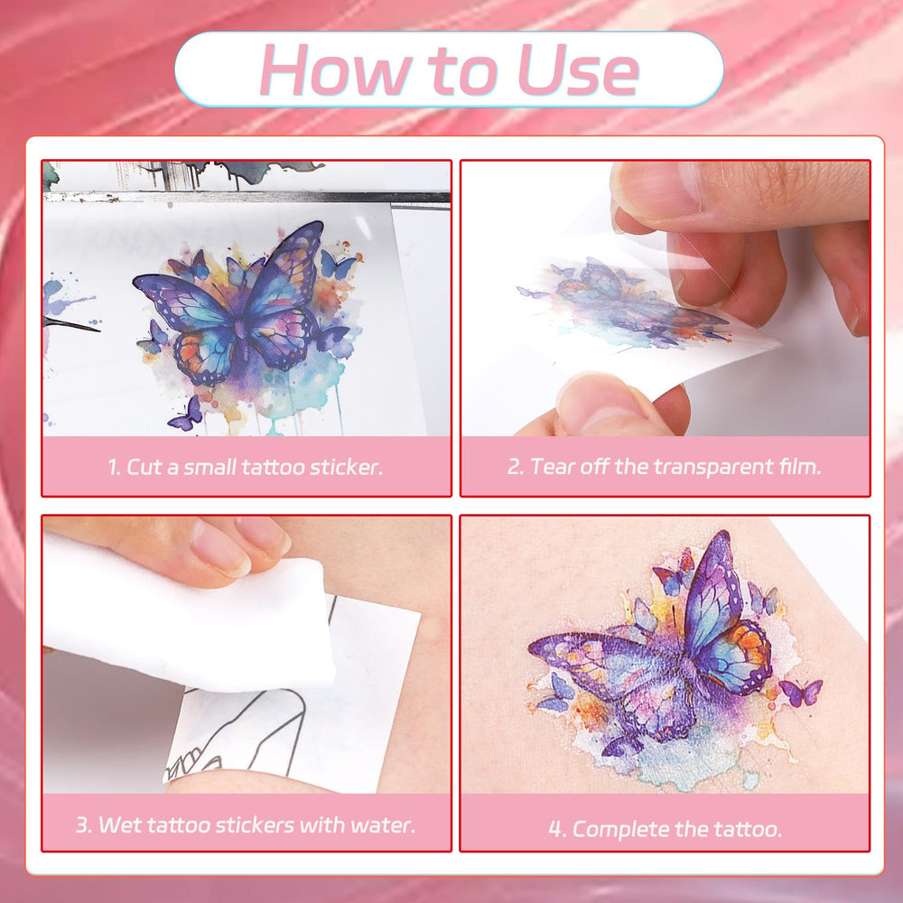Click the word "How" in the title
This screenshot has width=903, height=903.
335,70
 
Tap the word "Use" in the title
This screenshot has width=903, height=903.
578,70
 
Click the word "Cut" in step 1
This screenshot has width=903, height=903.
144,467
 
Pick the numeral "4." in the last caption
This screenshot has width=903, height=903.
557,829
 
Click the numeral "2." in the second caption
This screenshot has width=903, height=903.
516,467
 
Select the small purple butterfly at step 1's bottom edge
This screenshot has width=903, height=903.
187,414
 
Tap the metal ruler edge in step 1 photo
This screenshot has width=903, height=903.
247,197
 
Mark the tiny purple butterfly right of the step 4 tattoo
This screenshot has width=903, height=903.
801,693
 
